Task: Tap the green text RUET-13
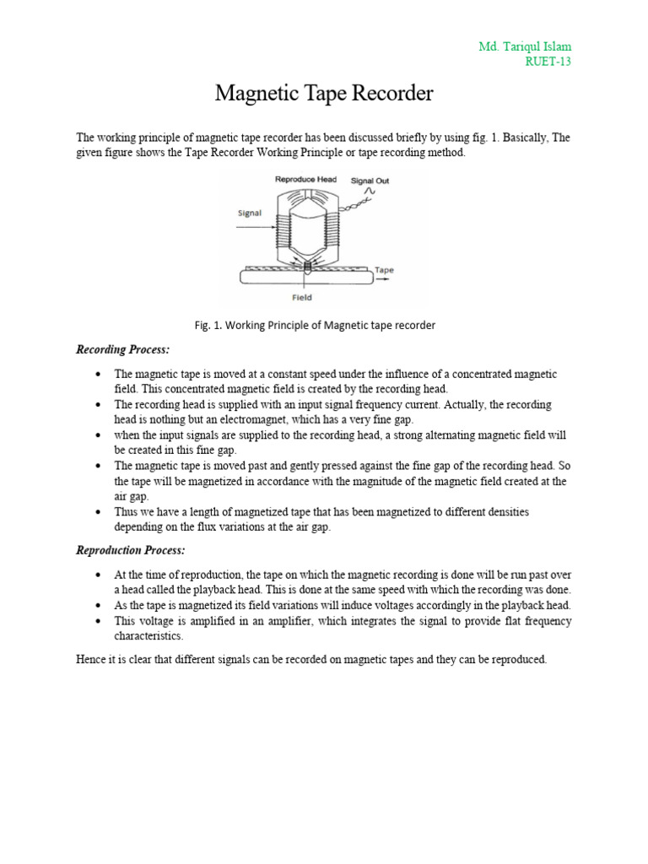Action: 548,62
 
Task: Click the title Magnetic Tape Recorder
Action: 324,93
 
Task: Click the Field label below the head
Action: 301,297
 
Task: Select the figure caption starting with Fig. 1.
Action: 315,325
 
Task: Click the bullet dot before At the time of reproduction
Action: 100,575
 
